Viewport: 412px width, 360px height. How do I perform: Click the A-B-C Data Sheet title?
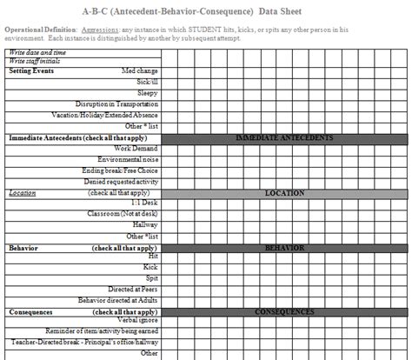(x=205, y=11)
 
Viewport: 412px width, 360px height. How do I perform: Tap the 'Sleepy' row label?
(x=147, y=93)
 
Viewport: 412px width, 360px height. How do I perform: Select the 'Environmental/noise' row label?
(x=128, y=160)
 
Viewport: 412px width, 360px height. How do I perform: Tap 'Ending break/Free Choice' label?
(x=122, y=170)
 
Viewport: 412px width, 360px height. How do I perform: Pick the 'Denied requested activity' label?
(x=121, y=182)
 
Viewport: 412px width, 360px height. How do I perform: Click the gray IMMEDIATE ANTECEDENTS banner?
(x=284, y=138)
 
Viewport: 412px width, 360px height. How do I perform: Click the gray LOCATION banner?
(x=284, y=193)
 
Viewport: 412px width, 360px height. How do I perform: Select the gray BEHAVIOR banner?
(x=284, y=248)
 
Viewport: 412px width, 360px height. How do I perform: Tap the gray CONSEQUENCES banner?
(x=284, y=311)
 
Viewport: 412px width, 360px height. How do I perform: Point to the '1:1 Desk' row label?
(x=143, y=203)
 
